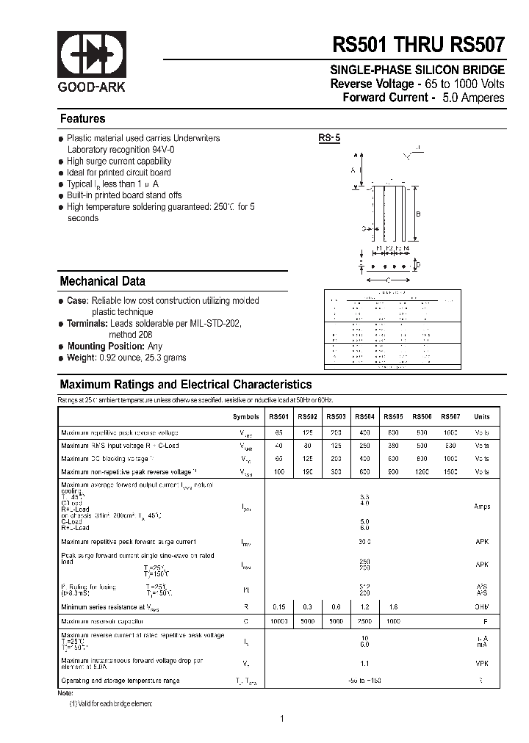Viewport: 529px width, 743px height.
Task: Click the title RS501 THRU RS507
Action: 419,45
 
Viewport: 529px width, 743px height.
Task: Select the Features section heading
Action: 82,119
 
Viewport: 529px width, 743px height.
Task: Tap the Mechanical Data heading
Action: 102,281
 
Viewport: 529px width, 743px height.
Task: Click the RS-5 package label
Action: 328,137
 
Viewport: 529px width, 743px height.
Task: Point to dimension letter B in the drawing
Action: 417,214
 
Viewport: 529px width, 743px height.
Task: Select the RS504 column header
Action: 365,416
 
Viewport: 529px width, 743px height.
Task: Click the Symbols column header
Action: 246,416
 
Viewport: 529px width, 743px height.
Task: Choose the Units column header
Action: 481,416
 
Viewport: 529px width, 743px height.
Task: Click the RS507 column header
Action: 450,416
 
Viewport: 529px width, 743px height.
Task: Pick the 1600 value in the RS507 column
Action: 450,472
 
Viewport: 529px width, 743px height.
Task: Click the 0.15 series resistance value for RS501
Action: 278,607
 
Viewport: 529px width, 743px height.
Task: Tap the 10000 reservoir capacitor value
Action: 278,621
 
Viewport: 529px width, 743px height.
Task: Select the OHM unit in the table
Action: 481,607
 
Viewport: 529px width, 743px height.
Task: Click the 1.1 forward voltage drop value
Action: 365,663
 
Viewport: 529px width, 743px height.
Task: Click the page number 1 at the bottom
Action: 281,719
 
